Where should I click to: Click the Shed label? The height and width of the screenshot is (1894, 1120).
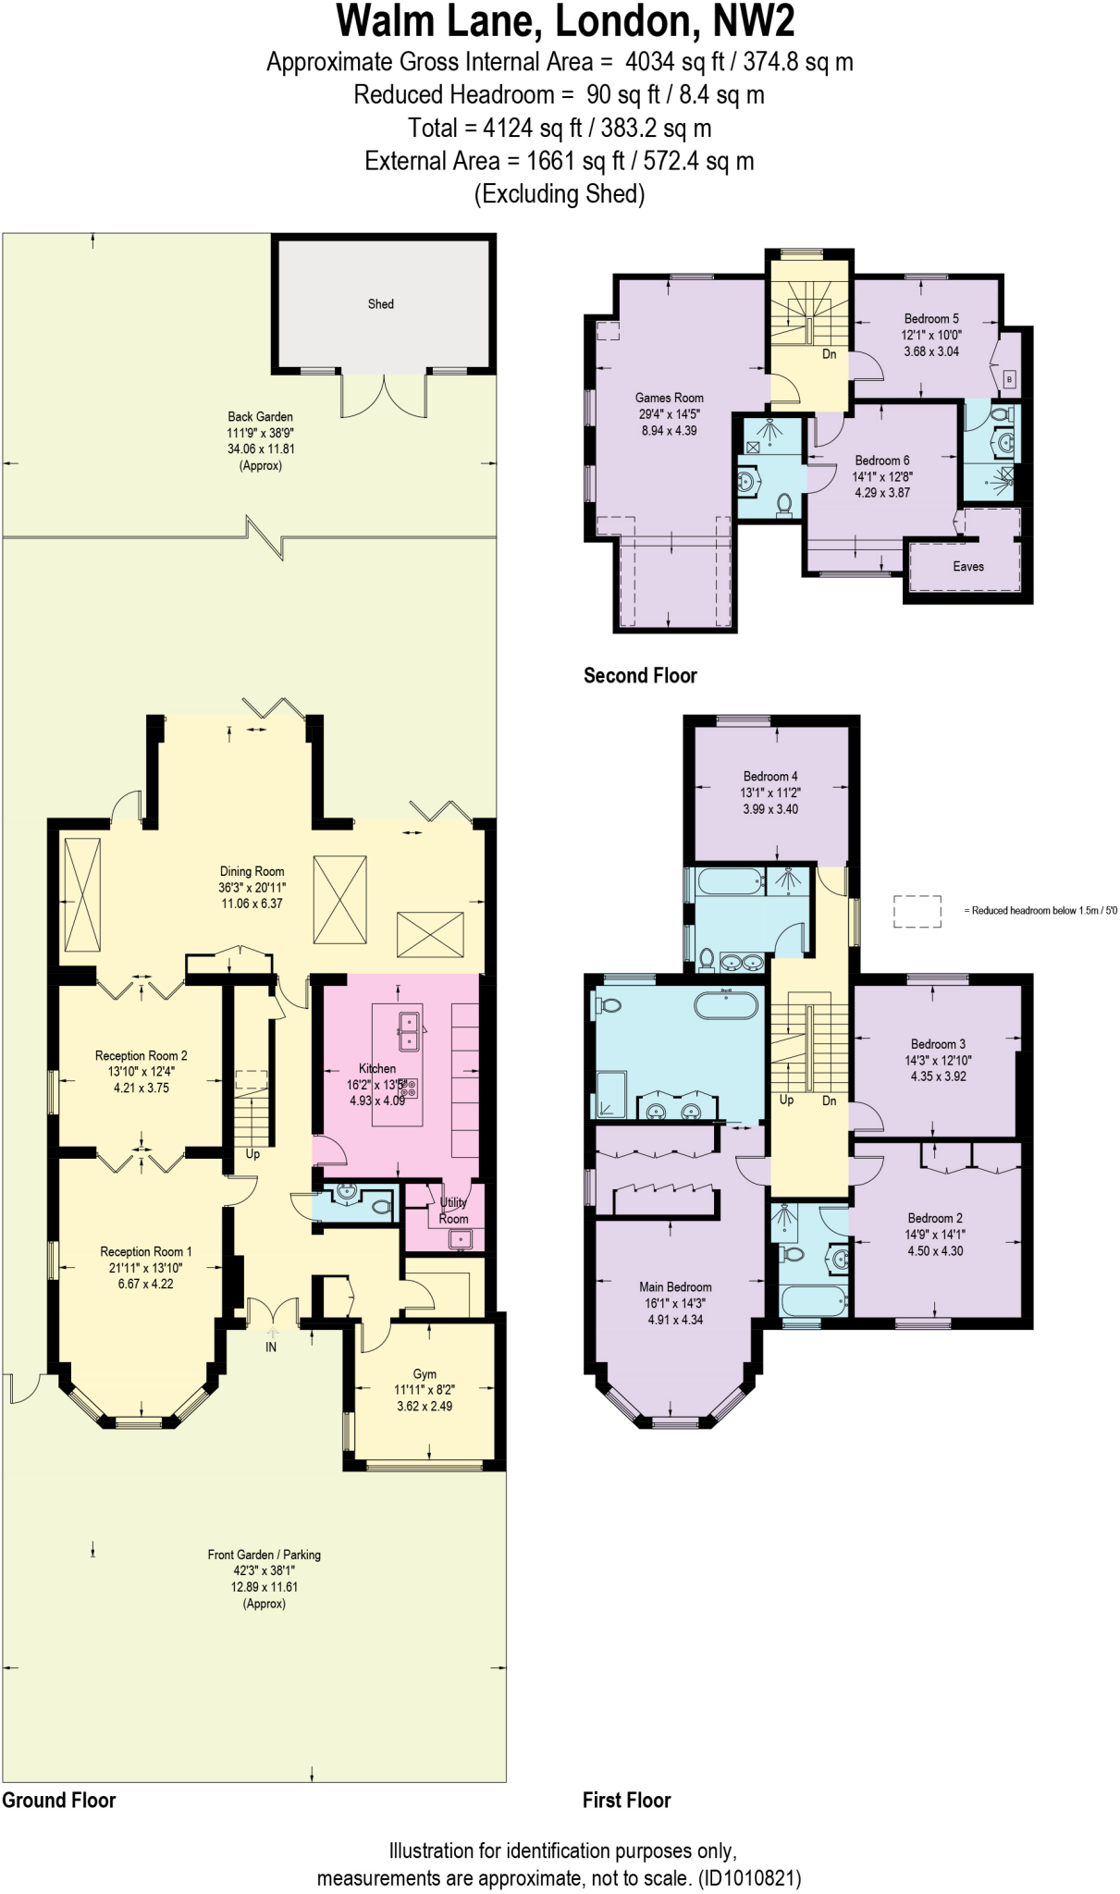click(x=381, y=303)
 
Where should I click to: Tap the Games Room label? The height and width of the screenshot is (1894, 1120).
click(x=670, y=398)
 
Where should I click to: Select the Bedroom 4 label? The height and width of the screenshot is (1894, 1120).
click(x=770, y=776)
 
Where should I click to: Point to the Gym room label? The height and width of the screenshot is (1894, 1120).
click(x=425, y=1373)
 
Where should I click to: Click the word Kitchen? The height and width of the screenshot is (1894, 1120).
click(x=377, y=1068)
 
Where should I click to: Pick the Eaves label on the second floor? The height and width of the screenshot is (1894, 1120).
click(x=968, y=566)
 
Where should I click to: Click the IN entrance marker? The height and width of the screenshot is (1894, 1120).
click(x=271, y=1347)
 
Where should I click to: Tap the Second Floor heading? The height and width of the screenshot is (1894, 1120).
click(x=640, y=675)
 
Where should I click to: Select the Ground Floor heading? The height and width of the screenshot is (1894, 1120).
click(x=59, y=1800)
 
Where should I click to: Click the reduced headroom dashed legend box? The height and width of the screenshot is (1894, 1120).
click(x=917, y=911)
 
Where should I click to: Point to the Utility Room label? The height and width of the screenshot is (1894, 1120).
click(x=453, y=1211)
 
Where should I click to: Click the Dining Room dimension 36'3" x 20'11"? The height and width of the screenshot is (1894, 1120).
click(x=252, y=887)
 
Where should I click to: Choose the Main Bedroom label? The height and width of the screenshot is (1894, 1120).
click(x=675, y=1286)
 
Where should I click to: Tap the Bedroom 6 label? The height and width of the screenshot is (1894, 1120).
click(x=882, y=460)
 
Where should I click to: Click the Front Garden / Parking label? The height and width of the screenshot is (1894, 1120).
click(x=265, y=1555)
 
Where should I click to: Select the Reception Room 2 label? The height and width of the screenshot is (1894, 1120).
click(x=142, y=1055)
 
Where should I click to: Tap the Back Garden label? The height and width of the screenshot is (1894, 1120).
click(x=261, y=416)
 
